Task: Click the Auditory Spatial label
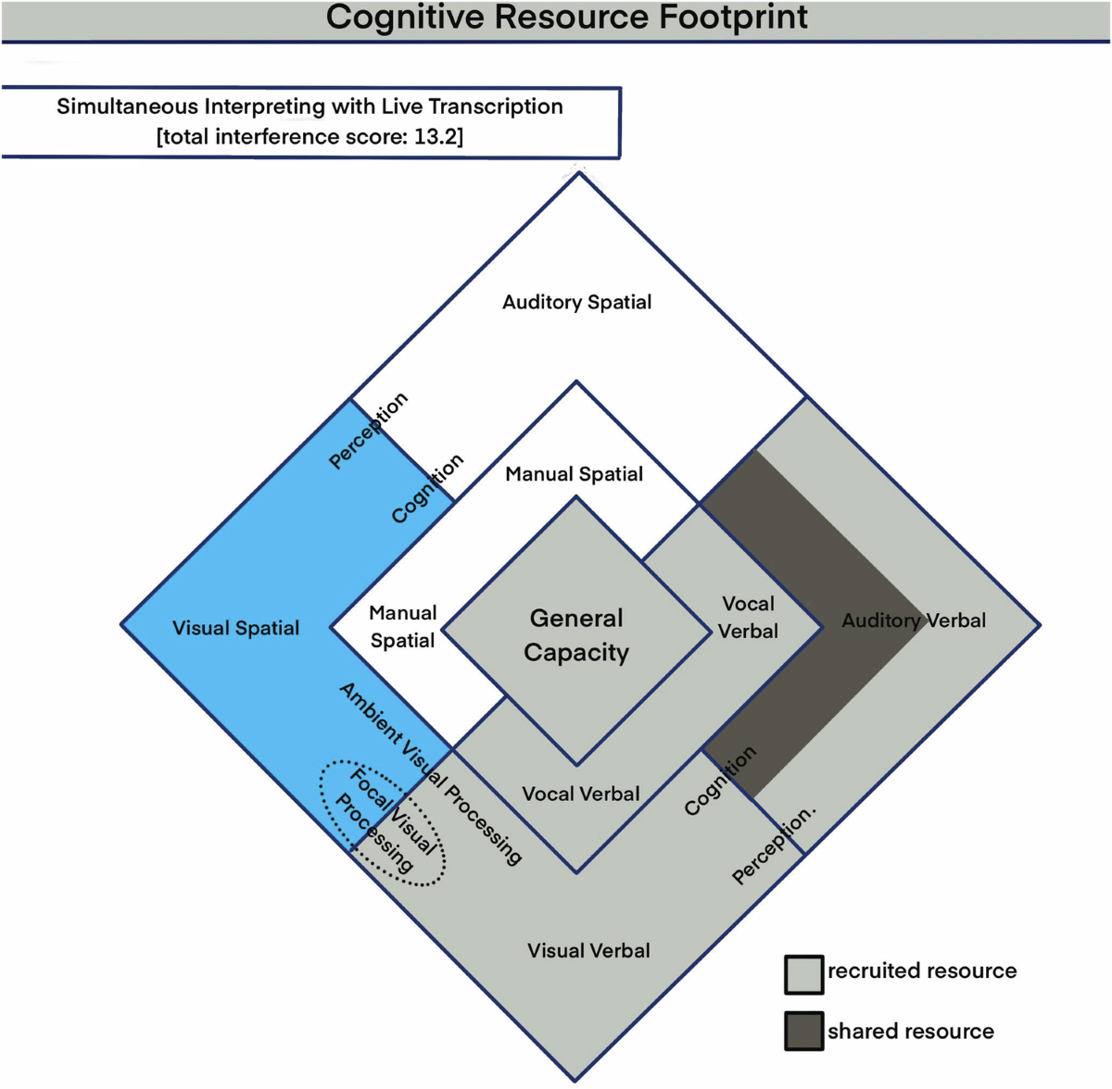tap(576, 302)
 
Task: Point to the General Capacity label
tap(576, 635)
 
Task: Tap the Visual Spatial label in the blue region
tap(235, 628)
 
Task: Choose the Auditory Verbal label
tap(913, 620)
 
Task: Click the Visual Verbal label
tap(588, 950)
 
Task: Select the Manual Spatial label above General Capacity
tap(574, 474)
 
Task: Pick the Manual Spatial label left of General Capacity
tap(402, 627)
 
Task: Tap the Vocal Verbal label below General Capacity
tap(580, 794)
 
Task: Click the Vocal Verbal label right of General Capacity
tap(748, 618)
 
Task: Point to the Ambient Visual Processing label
tap(431, 773)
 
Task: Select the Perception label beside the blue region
tap(368, 430)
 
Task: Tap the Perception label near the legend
tap(773, 845)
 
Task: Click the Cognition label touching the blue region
tap(426, 489)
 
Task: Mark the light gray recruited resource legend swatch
tap(803, 974)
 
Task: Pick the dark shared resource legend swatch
tap(803, 1031)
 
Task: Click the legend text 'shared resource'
tap(910, 1032)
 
